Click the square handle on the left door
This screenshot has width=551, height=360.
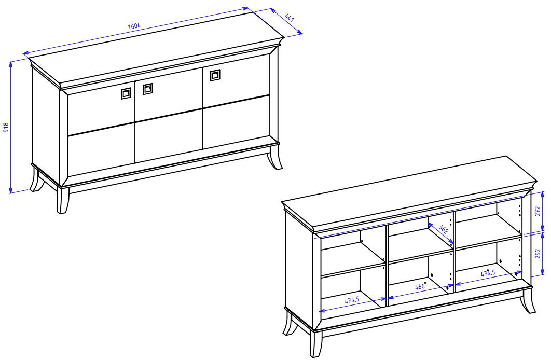click(126, 93)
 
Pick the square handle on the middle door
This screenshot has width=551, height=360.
click(147, 89)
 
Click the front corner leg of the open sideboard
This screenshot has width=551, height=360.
click(316, 344)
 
